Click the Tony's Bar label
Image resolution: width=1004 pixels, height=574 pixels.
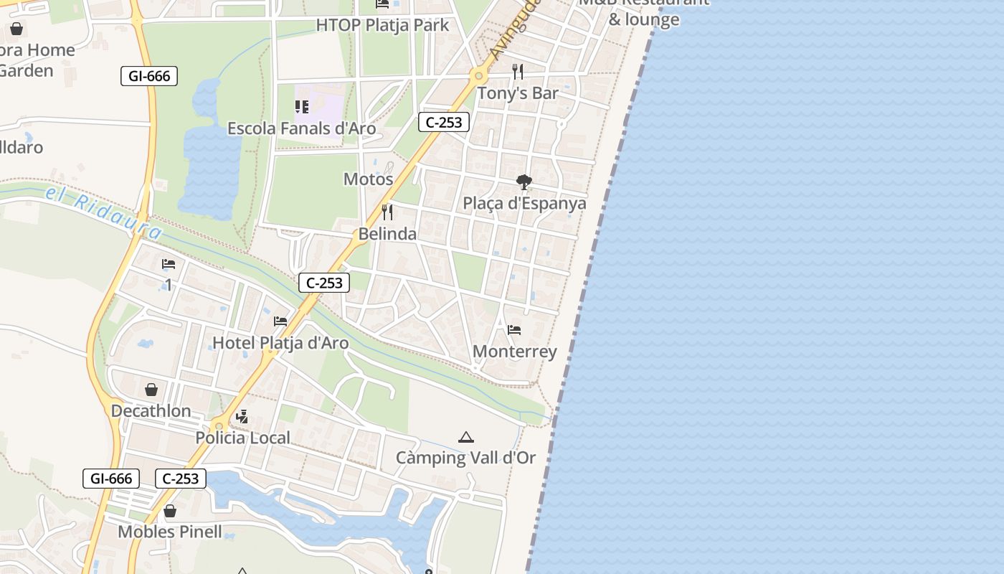pos(518,93)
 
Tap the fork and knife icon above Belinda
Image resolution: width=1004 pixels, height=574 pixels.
pos(387,212)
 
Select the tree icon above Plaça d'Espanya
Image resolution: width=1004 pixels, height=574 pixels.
pos(524,182)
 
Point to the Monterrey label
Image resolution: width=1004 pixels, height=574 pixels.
pos(515,352)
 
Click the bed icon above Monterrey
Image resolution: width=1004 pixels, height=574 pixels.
pos(514,330)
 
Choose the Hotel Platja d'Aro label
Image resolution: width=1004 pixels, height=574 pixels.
pos(280,343)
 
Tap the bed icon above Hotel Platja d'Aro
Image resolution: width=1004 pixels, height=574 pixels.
pos(280,321)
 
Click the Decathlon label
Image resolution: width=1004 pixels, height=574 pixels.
pos(151,411)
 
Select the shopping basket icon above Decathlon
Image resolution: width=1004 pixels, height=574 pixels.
pos(151,390)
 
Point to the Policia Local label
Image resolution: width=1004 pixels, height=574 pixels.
pos(243,438)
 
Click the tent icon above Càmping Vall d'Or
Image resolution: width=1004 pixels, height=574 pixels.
pos(466,437)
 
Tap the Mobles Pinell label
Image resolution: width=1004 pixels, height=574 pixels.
pos(170,532)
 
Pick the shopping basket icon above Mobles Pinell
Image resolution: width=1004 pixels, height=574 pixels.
pos(170,511)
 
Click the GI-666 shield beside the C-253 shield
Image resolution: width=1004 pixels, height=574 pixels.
pos(111,479)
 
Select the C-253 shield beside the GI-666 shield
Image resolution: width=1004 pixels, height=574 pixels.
pos(181,479)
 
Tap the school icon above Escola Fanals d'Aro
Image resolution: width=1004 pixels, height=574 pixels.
pos(302,107)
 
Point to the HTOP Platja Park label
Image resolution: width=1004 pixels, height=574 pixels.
pos(382,25)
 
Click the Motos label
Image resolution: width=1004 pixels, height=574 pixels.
pos(369,179)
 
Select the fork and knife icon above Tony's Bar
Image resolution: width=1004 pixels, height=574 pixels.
pos(518,72)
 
